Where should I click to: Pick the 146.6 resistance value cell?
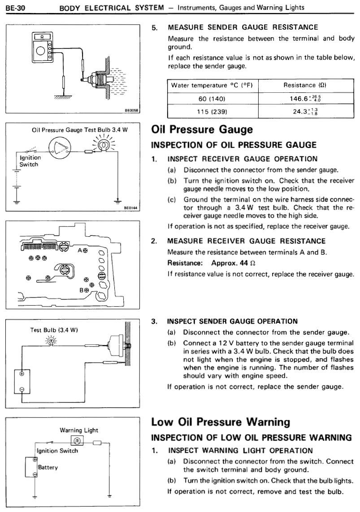(x=306, y=98)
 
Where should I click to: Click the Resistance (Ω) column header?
(x=306, y=85)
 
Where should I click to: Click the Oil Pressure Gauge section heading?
(x=202, y=130)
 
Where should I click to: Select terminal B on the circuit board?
(x=89, y=290)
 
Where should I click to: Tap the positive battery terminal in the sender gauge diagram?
(x=21, y=373)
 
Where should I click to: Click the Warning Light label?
(x=79, y=430)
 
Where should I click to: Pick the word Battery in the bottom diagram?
(x=48, y=467)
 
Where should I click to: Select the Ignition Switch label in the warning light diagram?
(x=57, y=451)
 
